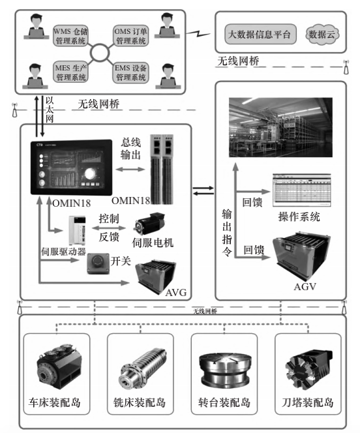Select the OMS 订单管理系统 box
[x=131, y=36]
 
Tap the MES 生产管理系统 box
[x=72, y=72]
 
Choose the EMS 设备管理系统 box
[x=131, y=72]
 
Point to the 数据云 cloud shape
[x=320, y=33]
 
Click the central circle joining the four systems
[x=101, y=53]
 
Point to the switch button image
[x=97, y=261]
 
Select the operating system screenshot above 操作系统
[x=300, y=190]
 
